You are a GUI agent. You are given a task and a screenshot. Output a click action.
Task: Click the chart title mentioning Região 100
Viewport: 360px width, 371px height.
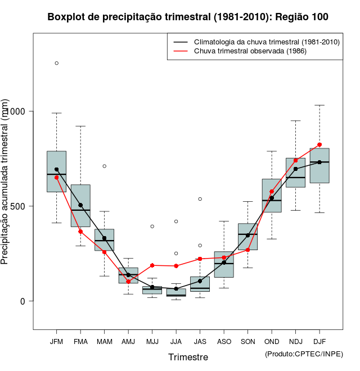[x=188, y=17]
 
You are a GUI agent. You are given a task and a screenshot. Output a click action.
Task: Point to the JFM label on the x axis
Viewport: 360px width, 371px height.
[x=56, y=341]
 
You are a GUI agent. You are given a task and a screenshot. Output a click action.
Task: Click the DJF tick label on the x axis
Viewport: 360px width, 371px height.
[x=319, y=341]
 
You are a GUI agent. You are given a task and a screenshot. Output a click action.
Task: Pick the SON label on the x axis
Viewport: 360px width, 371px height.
[x=247, y=341]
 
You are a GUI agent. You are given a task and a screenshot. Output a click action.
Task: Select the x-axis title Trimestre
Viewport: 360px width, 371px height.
[x=188, y=357]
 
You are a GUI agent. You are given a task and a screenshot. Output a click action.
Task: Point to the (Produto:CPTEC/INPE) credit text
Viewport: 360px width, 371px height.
[x=304, y=354]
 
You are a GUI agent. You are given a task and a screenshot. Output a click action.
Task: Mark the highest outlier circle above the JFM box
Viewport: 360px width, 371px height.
[x=56, y=63]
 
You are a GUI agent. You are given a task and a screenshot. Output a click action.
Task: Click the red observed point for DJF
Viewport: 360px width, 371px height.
[x=319, y=144]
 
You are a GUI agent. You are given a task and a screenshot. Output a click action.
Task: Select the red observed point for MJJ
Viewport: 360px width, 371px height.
[x=152, y=265]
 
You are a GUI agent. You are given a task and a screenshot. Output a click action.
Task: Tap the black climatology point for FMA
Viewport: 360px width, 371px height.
[x=80, y=205]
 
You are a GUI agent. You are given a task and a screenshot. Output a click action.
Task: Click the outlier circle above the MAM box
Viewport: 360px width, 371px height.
[x=105, y=166]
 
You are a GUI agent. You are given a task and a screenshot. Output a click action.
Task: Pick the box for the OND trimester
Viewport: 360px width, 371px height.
[x=272, y=195]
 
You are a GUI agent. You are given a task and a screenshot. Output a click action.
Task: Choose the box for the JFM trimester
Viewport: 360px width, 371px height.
[x=56, y=171]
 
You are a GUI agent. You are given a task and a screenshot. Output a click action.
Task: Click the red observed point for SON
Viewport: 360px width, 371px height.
[x=247, y=250]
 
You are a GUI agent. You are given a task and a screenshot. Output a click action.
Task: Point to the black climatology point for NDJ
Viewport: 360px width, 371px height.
[x=296, y=169]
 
